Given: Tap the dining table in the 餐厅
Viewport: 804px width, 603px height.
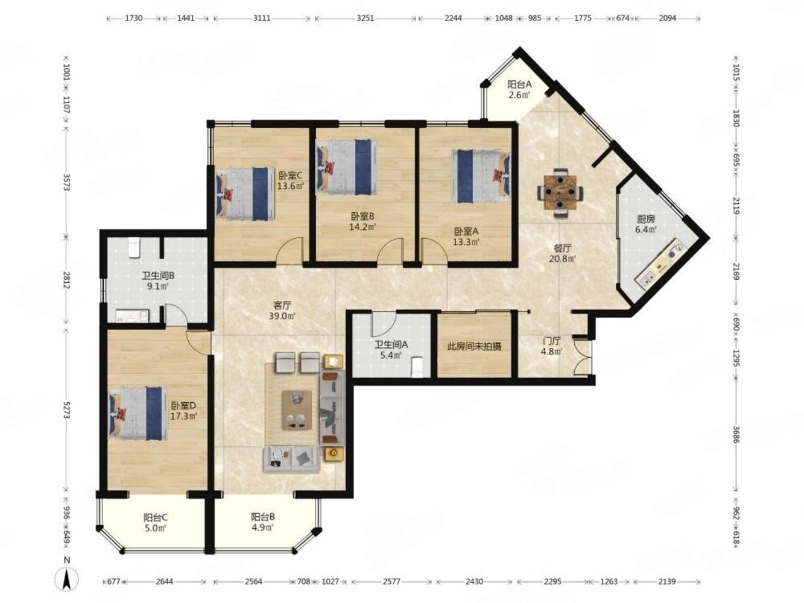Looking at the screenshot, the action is tap(560, 192).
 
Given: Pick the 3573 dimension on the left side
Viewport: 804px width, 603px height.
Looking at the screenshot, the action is tap(66, 182).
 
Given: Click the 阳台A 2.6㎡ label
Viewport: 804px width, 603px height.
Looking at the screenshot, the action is tap(519, 90).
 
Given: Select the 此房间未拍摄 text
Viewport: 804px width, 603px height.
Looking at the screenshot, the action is tap(474, 346).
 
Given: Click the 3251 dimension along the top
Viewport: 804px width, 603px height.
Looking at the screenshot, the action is tap(365, 18).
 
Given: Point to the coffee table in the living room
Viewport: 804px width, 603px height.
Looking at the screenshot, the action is tap(297, 409).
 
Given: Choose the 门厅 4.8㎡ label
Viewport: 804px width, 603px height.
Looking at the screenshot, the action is tap(552, 346).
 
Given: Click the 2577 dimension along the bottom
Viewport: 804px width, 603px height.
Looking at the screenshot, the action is tap(391, 581).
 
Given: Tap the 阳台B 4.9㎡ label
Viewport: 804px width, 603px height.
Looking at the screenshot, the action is tap(263, 522).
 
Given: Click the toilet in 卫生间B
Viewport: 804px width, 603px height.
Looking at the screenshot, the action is tap(134, 247).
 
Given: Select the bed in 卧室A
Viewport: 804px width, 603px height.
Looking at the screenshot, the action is tap(481, 176).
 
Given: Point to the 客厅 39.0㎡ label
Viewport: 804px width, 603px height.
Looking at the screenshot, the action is tap(282, 310).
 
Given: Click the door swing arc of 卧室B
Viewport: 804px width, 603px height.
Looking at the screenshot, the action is tap(390, 250).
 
